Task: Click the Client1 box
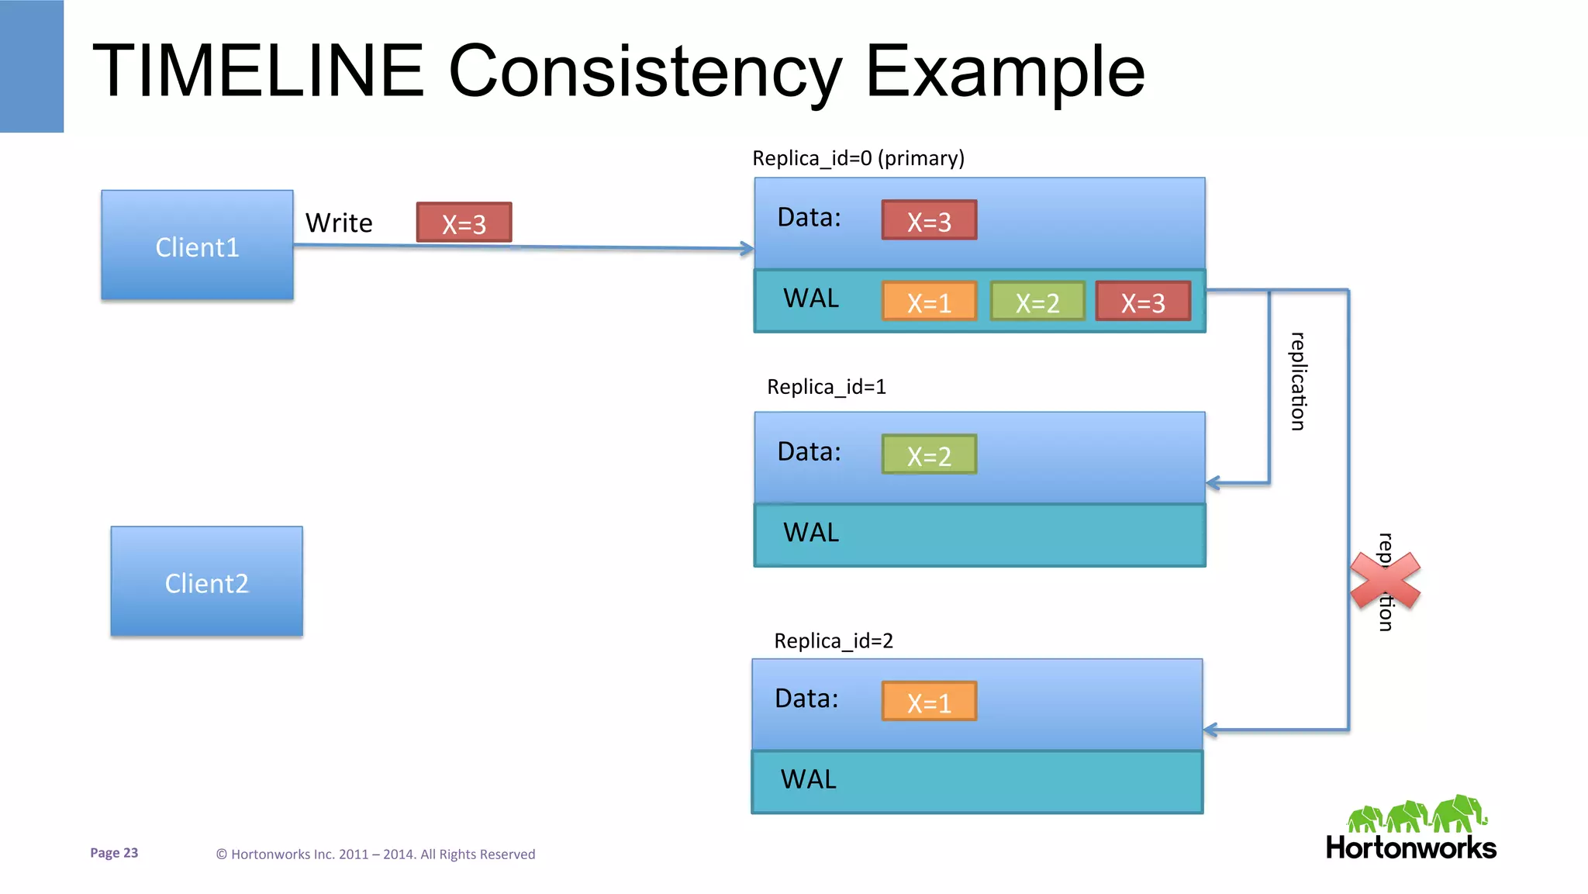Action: [x=197, y=246]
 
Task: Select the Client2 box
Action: [x=206, y=582]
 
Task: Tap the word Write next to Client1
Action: [x=339, y=223]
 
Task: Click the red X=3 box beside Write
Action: [x=464, y=223]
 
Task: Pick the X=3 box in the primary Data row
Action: [x=929, y=221]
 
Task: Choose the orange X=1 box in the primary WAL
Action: [x=929, y=302]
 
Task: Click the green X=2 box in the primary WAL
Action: [x=1037, y=302]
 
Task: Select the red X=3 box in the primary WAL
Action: [x=1143, y=302]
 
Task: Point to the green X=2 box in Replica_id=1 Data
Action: [x=929, y=455]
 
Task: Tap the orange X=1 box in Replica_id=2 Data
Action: [x=929, y=702]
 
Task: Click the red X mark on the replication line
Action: [x=1385, y=581]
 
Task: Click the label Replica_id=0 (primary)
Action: [x=858, y=158]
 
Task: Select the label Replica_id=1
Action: [x=826, y=386]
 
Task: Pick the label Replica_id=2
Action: [x=834, y=640]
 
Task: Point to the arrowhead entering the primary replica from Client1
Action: [x=747, y=249]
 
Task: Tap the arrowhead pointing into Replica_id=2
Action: [x=1210, y=730]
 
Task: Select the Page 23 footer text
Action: [x=114, y=853]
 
